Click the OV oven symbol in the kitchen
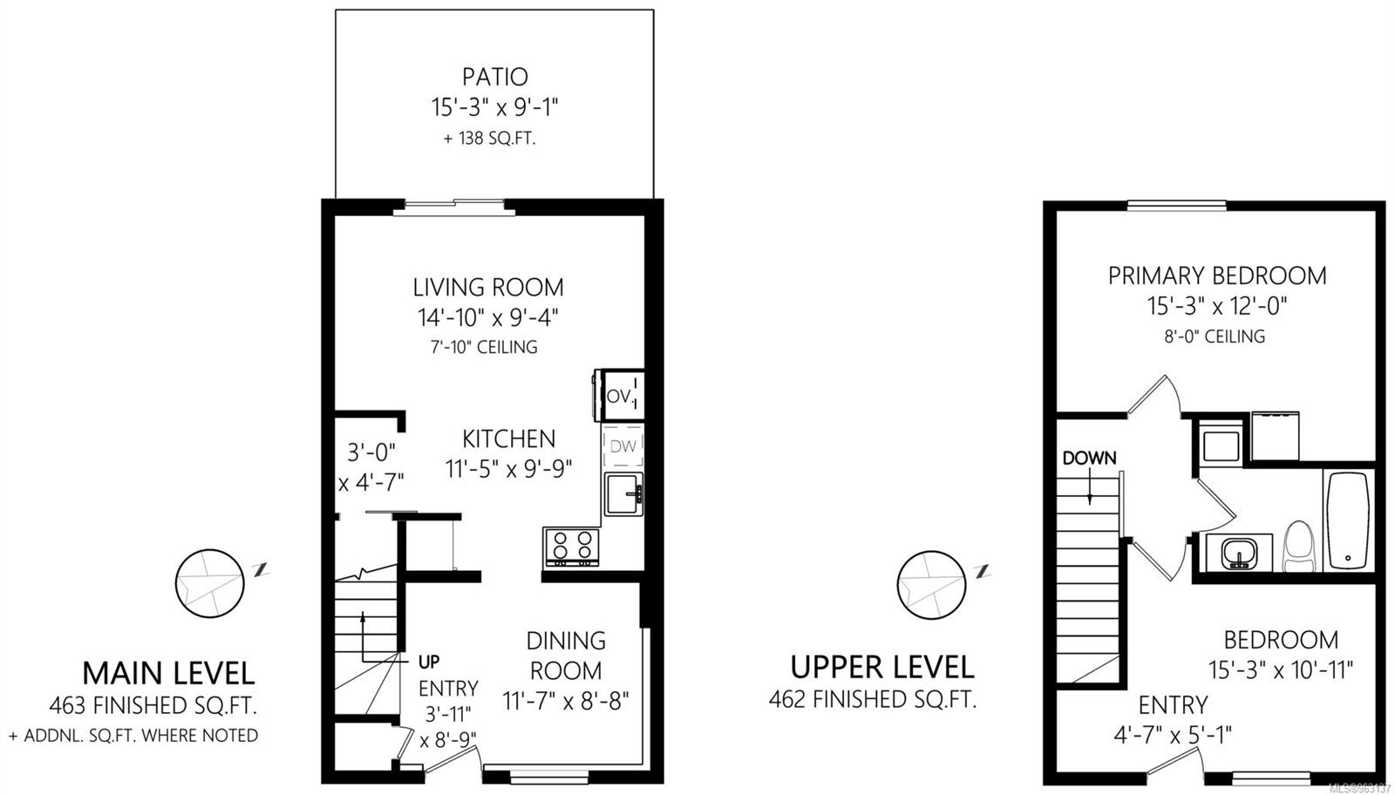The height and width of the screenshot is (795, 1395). [x=620, y=396]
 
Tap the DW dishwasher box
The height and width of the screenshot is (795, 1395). [x=623, y=447]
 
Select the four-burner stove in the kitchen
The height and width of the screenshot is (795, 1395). [x=572, y=547]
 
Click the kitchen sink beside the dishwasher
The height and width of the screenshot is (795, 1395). [x=623, y=493]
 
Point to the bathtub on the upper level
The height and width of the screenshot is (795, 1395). [x=1348, y=520]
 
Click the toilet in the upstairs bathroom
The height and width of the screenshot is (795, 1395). [x=1298, y=547]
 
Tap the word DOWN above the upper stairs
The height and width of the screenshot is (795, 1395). [x=1089, y=458]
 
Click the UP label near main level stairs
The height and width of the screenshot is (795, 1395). [x=429, y=661]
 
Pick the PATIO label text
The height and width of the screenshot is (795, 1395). [x=494, y=77]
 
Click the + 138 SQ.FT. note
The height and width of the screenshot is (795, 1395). [x=489, y=139]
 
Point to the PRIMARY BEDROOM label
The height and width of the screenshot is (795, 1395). [x=1216, y=275]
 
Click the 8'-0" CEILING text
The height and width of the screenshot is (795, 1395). [x=1215, y=336]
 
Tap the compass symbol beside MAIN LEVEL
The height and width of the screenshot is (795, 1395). [x=208, y=582]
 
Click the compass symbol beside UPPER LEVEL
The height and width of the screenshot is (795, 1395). [x=930, y=584]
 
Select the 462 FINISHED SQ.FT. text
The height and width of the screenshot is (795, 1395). [x=872, y=699]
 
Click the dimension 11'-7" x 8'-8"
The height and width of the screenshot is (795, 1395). [x=565, y=701]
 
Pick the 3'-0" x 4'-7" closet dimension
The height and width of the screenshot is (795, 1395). [x=371, y=467]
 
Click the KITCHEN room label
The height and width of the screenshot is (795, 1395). [x=508, y=438]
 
